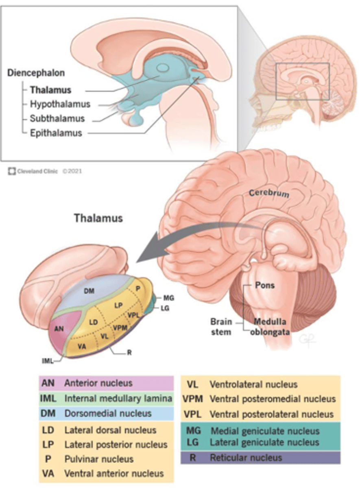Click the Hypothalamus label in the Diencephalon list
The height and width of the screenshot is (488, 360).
tap(60, 105)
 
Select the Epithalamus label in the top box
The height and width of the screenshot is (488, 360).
tap(56, 133)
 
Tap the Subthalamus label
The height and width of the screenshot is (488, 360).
tap(57, 119)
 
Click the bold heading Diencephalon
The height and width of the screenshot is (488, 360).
tap(36, 74)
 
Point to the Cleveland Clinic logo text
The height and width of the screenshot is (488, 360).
tap(37, 171)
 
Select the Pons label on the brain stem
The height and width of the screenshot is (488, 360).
tap(264, 285)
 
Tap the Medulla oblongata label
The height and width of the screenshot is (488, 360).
tap(271, 327)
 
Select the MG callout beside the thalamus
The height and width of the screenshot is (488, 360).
tap(169, 298)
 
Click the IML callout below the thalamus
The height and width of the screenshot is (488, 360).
tap(48, 360)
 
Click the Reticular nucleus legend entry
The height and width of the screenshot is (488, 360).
tap(246, 458)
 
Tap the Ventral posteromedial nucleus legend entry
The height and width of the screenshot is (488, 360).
tap(272, 399)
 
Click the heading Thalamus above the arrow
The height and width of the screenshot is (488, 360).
tap(98, 218)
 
